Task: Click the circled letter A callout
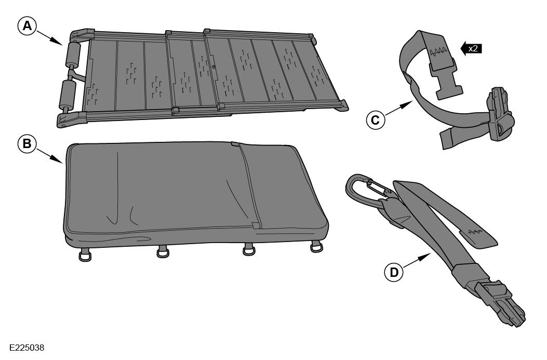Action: coord(27,26)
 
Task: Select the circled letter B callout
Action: coord(27,144)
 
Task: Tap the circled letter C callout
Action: coord(376,120)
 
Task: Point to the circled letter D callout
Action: coord(394,272)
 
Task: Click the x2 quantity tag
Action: coord(471,48)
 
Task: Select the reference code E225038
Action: coord(27,348)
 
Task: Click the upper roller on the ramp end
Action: coord(72,54)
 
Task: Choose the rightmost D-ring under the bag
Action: coord(316,247)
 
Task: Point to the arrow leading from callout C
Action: coord(399,108)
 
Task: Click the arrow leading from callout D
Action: coord(417,261)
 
